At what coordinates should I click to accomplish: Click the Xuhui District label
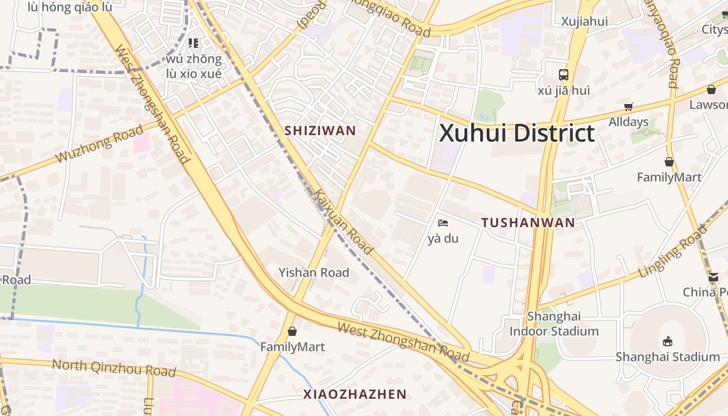click(x=517, y=133)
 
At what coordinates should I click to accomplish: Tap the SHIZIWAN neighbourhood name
click(x=320, y=131)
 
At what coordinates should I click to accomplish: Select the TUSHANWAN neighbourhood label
click(x=528, y=223)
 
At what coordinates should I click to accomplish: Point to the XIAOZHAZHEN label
click(x=355, y=394)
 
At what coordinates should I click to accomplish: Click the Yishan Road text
click(x=314, y=272)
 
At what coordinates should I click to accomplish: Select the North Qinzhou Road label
click(x=114, y=368)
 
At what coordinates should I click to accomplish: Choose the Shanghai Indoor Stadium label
click(x=554, y=323)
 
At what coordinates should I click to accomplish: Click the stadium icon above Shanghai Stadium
click(x=668, y=341)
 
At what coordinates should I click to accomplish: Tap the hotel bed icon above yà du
click(x=443, y=223)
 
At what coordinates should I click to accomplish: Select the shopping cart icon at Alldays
click(x=629, y=107)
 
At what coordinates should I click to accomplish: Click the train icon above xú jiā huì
click(x=564, y=74)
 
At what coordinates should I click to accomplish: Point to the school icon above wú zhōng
click(x=193, y=43)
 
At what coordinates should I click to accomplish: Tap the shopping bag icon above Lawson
click(x=711, y=89)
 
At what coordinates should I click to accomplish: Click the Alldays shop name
click(x=629, y=122)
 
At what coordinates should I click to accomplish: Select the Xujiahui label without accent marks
click(x=584, y=21)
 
